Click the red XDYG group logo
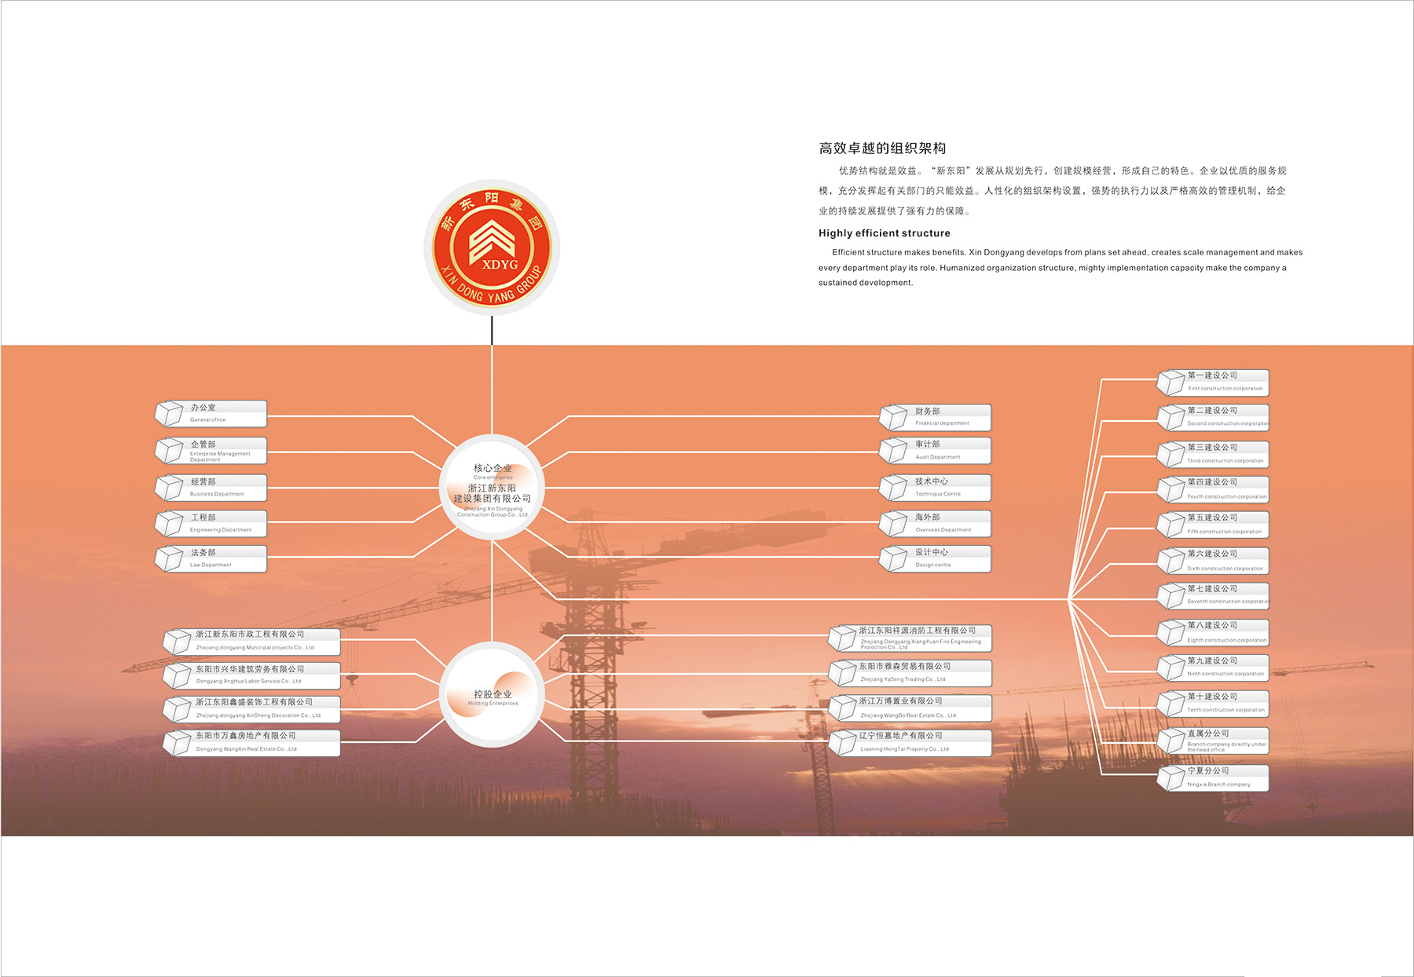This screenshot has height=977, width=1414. tap(492, 247)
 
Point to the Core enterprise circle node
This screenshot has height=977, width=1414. tap(493, 487)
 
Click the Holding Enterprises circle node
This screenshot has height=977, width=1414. tap(493, 694)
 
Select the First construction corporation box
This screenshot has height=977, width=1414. tap(1214, 382)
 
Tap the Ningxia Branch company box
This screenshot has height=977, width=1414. tap(1214, 778)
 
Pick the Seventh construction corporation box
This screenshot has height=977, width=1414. tap(1214, 595)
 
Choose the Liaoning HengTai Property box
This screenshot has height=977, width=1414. tap(911, 742)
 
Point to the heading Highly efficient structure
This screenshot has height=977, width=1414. tap(885, 233)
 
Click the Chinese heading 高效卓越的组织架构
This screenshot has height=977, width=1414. tap(882, 148)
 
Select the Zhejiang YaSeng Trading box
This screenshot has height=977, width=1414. tap(911, 672)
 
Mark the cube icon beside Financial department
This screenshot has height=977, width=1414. tap(894, 417)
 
